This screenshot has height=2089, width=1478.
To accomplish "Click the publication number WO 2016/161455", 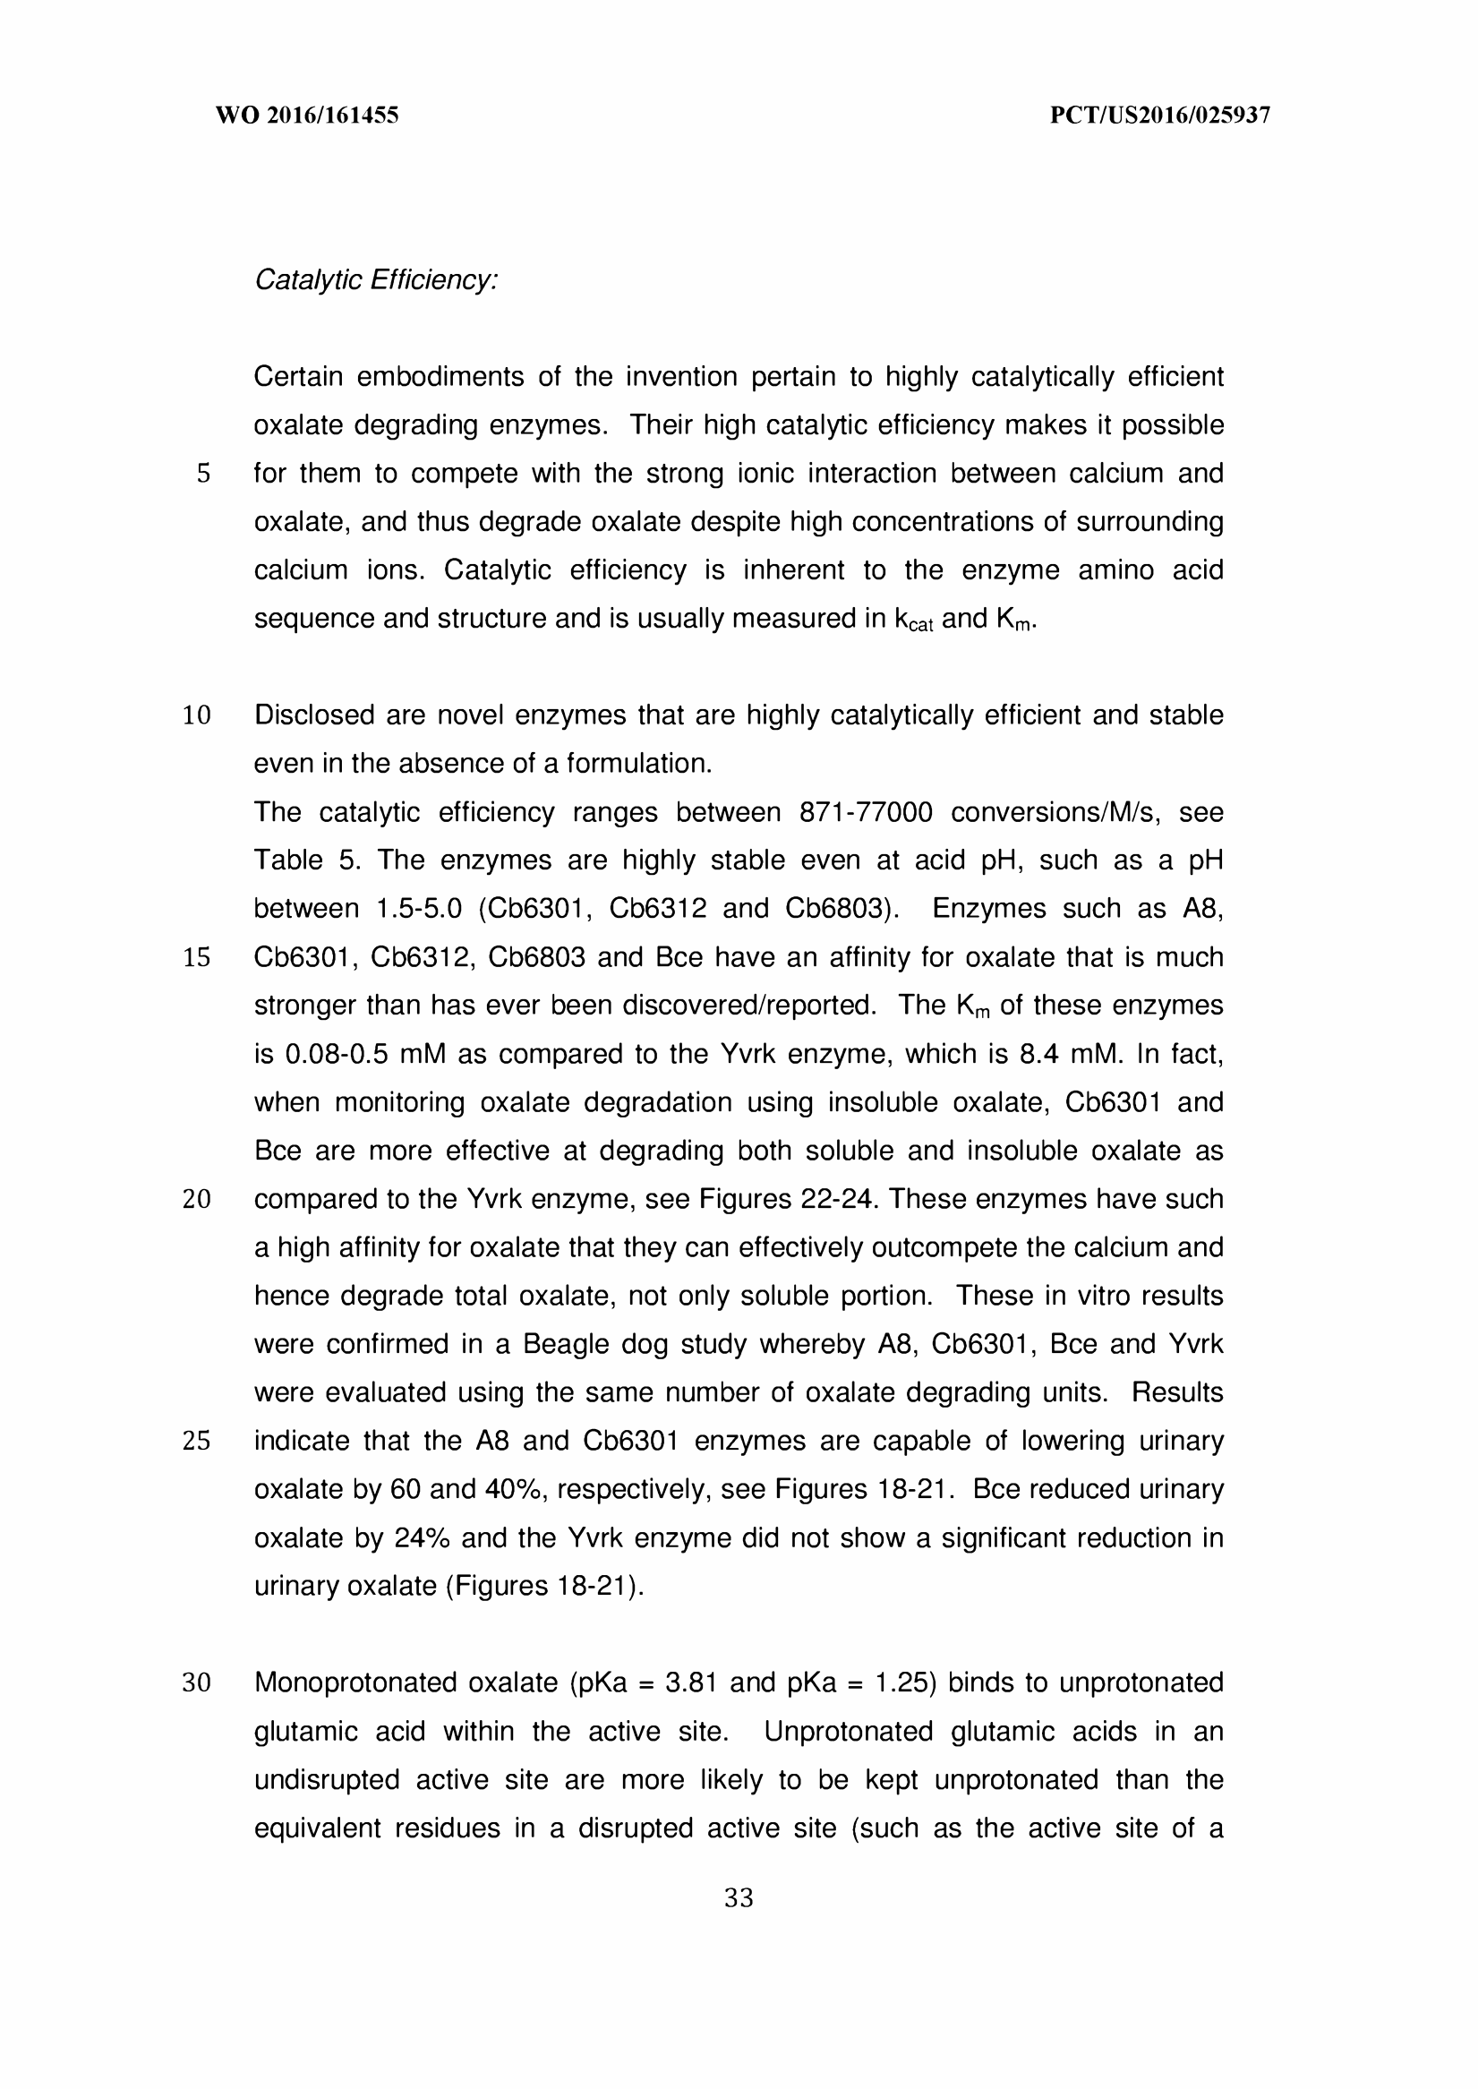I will click(307, 116).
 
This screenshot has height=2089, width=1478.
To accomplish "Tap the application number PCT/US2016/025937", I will click(1159, 116).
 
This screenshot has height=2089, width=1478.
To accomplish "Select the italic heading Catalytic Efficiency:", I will click(376, 280).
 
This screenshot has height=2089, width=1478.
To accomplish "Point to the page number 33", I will click(738, 1898).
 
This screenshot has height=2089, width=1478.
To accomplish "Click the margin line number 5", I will click(203, 475).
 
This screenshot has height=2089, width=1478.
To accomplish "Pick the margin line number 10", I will click(197, 716).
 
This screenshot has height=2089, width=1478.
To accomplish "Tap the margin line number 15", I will click(197, 957).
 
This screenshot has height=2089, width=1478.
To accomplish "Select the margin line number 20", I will click(197, 1200).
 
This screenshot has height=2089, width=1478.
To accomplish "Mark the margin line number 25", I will click(197, 1441).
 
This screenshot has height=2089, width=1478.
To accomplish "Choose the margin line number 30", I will click(197, 1683).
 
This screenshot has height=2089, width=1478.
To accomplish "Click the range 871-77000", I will click(866, 812).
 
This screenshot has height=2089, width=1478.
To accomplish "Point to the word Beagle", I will click(565, 1344).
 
